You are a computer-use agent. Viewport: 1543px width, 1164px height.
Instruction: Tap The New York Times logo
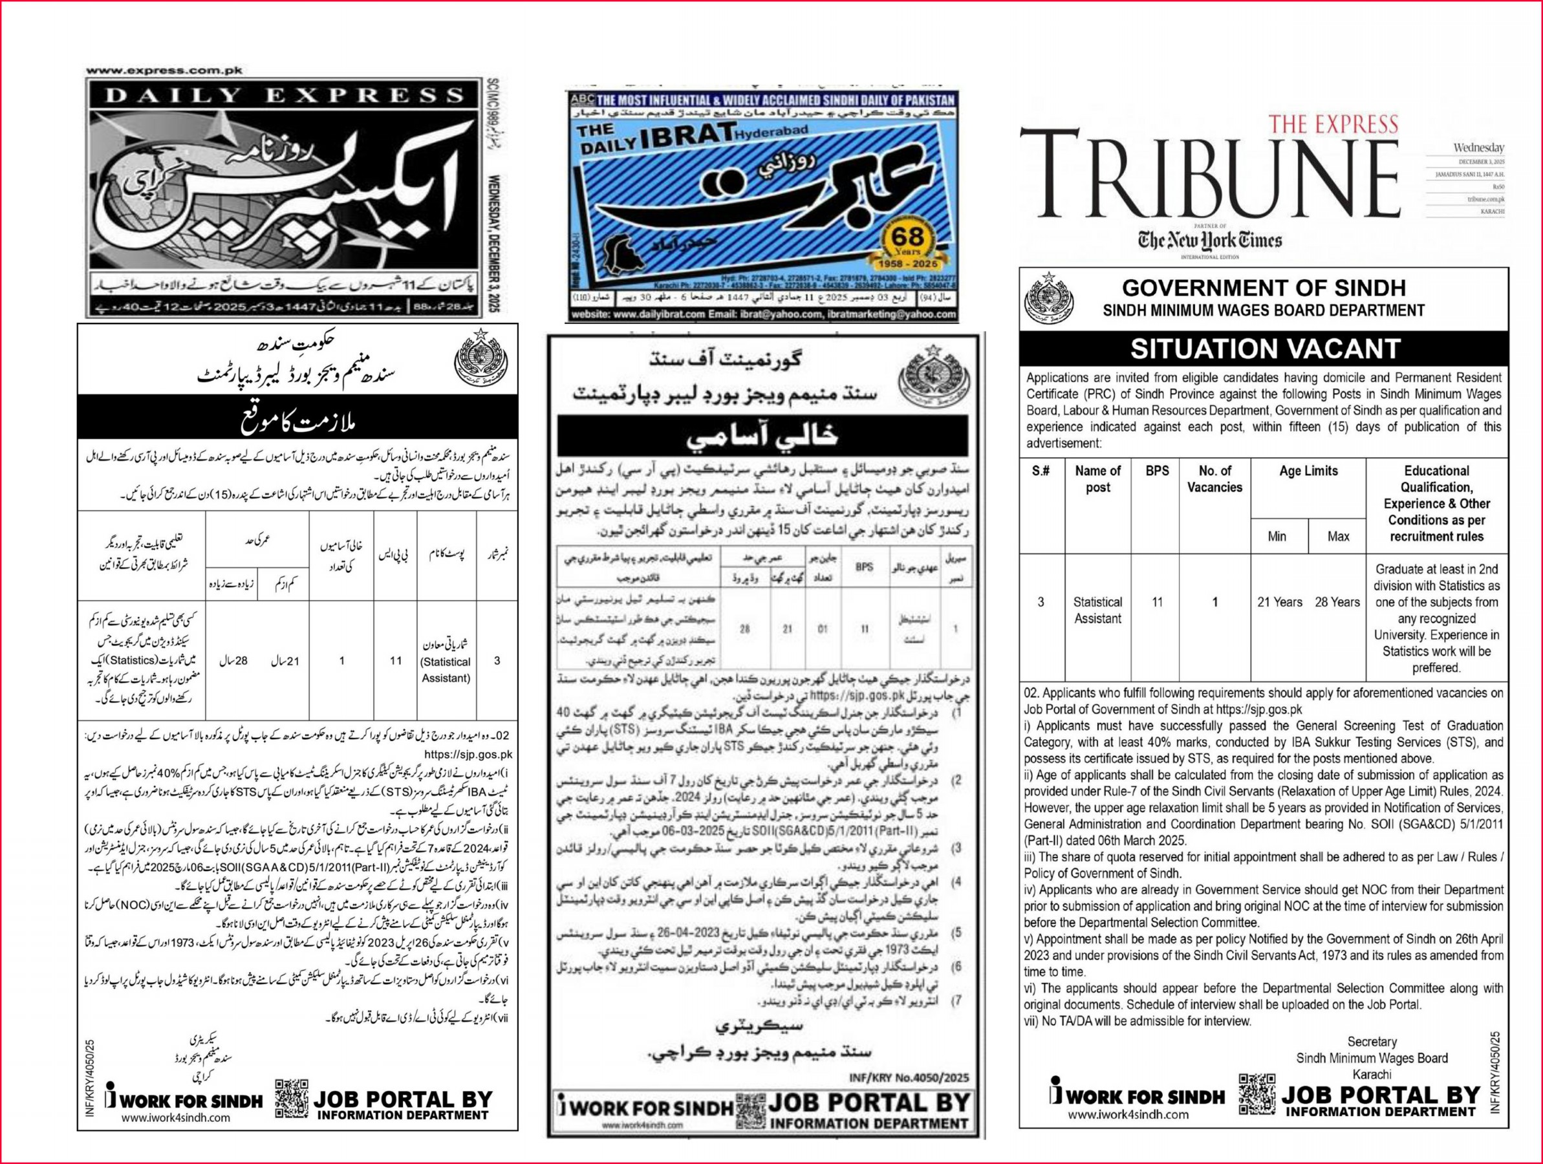(1210, 241)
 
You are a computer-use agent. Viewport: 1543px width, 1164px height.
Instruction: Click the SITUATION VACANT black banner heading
(1265, 349)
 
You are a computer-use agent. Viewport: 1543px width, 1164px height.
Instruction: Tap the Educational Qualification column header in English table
(1436, 503)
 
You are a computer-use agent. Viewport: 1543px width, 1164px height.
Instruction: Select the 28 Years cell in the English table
(1337, 602)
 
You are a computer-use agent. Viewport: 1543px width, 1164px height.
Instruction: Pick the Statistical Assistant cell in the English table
(1097, 610)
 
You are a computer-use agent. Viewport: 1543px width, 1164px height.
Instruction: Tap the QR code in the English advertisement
(1257, 1093)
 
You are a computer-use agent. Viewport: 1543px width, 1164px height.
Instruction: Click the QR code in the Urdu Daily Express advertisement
(292, 1099)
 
